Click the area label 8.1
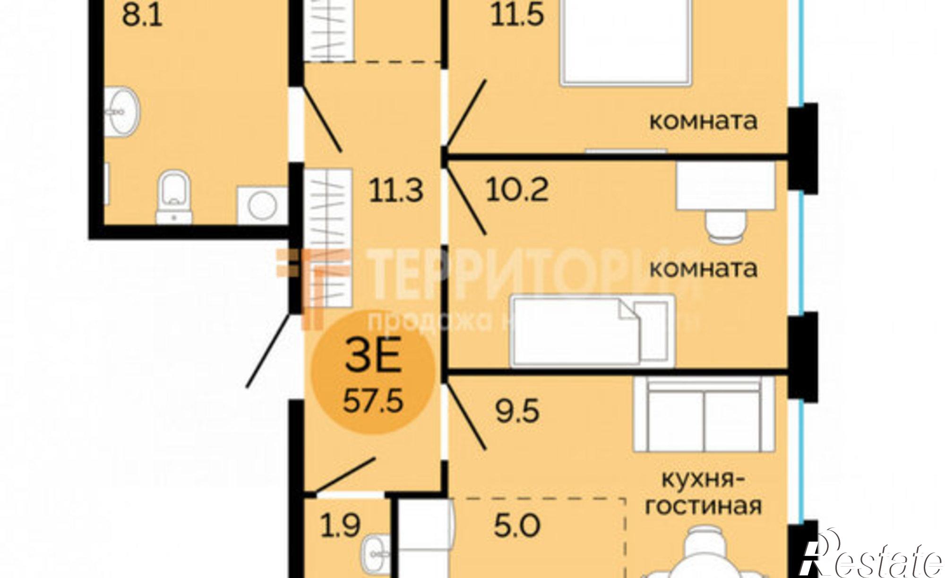click(142, 17)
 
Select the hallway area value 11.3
click(396, 191)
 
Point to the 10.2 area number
click(517, 190)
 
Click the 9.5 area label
click(517, 411)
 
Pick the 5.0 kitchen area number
click(517, 526)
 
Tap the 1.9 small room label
click(341, 526)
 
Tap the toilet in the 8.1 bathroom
click(174, 196)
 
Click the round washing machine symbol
click(262, 204)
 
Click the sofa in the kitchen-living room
click(704, 414)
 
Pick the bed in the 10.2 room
click(593, 331)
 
